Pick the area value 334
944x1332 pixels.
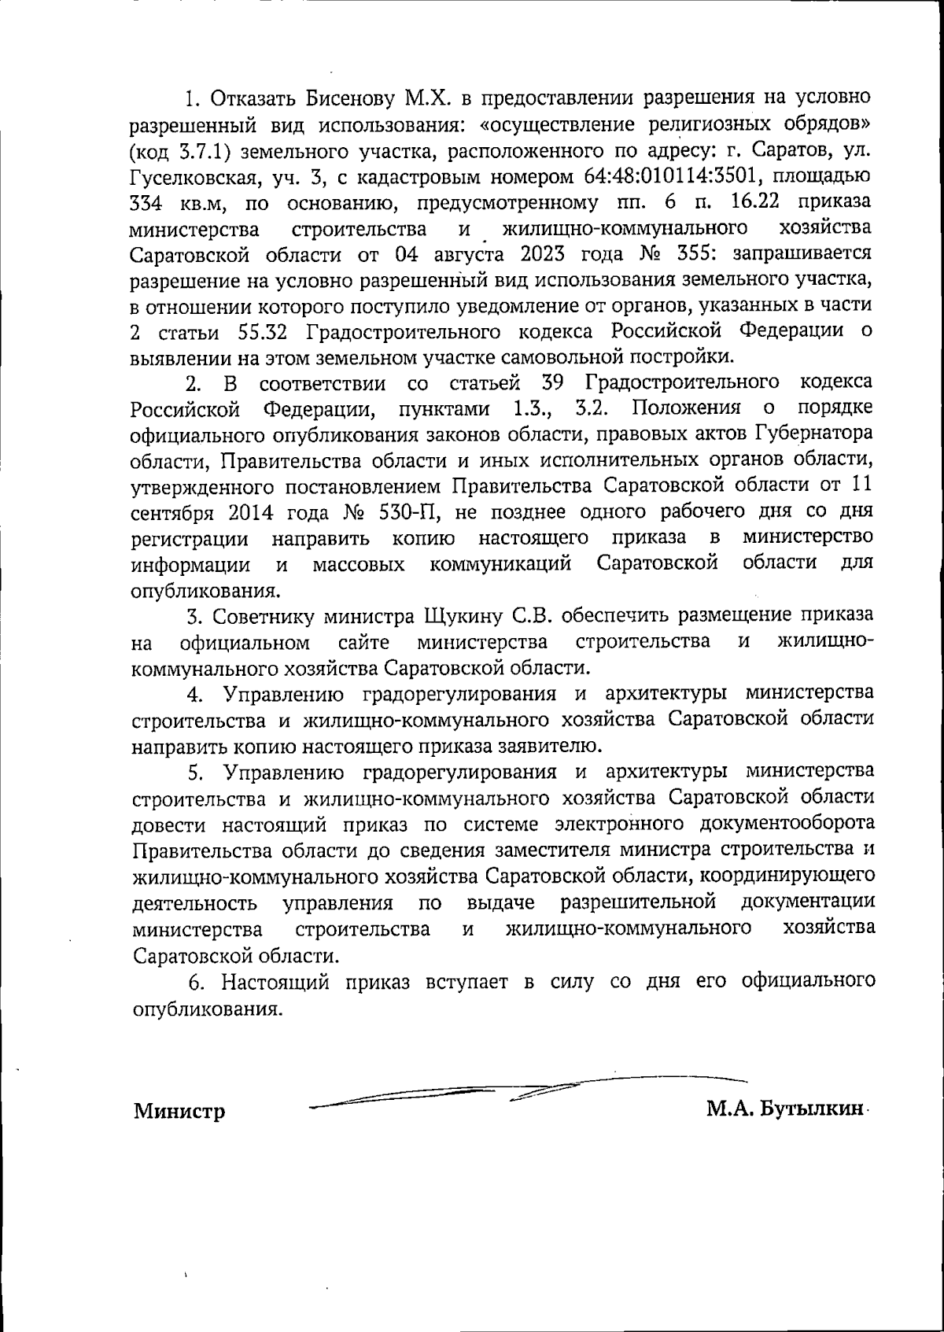coord(147,202)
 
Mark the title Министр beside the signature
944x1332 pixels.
coord(179,1111)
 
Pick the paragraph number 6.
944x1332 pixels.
coord(196,982)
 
